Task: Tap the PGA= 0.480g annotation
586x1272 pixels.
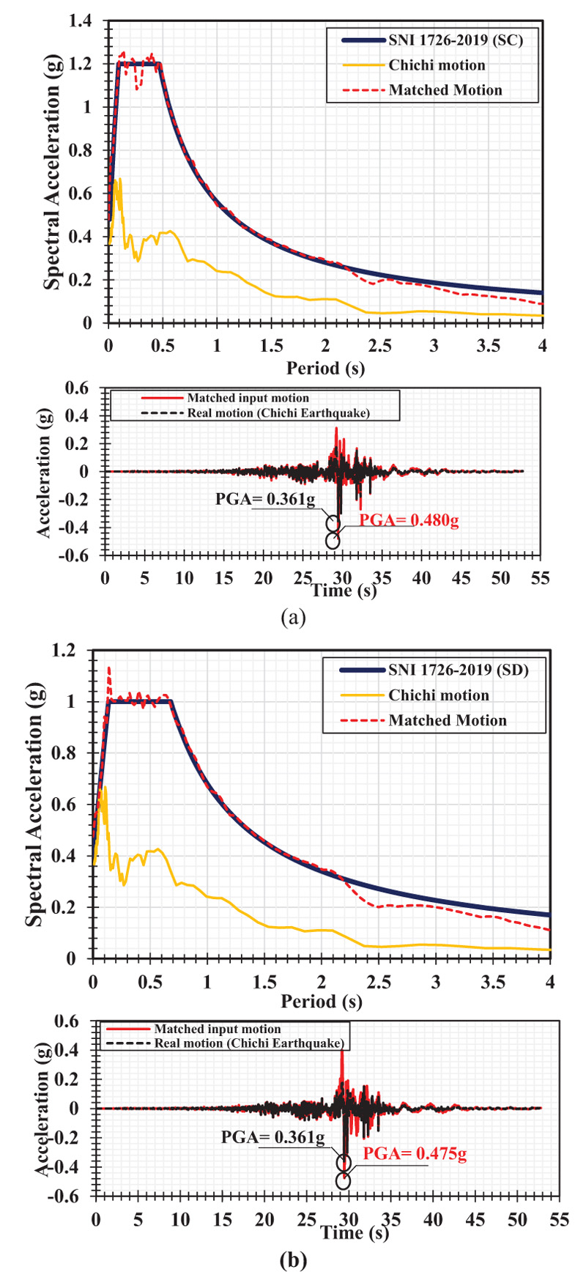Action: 409,521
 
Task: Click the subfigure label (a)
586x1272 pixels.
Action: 293,617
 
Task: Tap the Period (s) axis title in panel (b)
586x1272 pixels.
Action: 321,1001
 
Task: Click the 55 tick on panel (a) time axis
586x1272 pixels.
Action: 540,578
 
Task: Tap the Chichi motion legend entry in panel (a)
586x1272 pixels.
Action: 437,65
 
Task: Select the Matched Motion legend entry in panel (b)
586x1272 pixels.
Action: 448,720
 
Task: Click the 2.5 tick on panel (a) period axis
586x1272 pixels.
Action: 379,345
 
